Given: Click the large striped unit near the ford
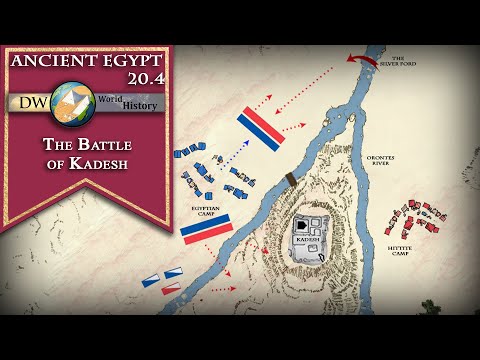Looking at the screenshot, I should click(261, 126).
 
